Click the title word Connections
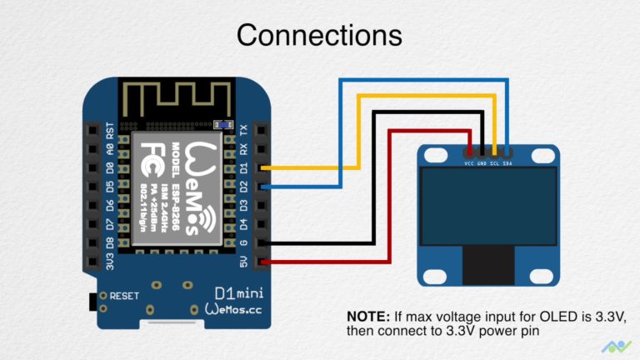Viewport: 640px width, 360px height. tap(319, 35)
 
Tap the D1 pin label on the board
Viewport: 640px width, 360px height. tap(243, 167)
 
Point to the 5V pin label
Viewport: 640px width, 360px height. tap(243, 263)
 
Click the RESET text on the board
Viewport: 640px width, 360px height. tap(124, 296)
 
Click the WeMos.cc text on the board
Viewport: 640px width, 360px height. tap(237, 309)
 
